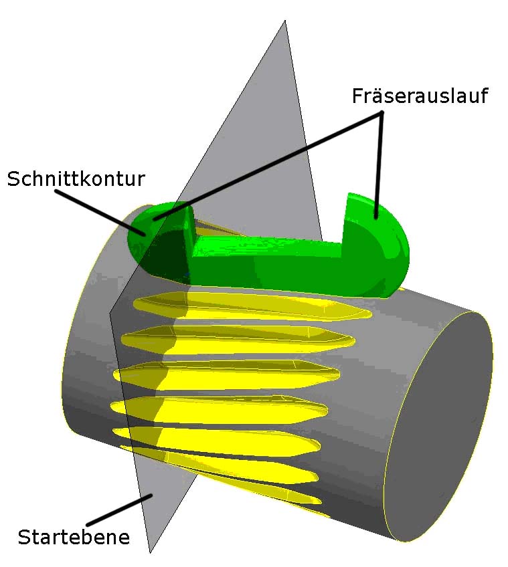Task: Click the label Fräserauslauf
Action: [x=420, y=96]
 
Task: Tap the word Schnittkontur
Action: [x=76, y=179]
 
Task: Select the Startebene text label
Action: [x=73, y=537]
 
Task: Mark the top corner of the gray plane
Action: [x=286, y=21]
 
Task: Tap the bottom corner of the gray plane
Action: [x=149, y=552]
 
